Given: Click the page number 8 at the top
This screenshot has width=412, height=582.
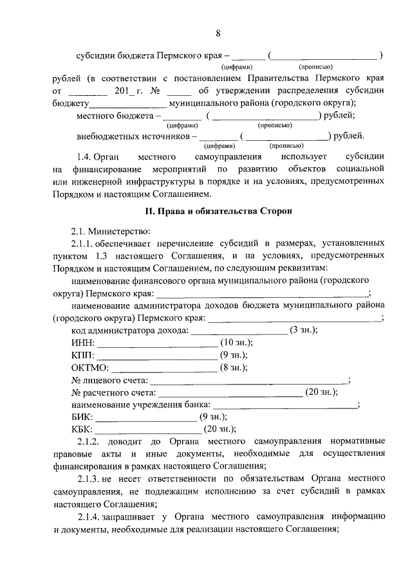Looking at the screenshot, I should [x=218, y=33].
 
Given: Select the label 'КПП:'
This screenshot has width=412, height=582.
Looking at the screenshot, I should [x=83, y=355].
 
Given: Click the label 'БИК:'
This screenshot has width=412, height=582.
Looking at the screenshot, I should [x=82, y=417].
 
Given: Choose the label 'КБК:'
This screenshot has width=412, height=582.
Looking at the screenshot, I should [x=82, y=429].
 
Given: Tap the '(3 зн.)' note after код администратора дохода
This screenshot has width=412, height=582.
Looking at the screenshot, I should [x=304, y=330].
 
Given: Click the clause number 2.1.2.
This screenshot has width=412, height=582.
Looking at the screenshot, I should [x=89, y=441].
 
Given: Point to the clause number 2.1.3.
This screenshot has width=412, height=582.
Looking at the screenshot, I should [x=89, y=479].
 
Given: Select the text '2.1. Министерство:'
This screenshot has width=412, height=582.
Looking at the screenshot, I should [x=102, y=231].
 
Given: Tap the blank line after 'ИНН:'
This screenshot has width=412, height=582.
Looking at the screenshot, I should [x=153, y=343].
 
